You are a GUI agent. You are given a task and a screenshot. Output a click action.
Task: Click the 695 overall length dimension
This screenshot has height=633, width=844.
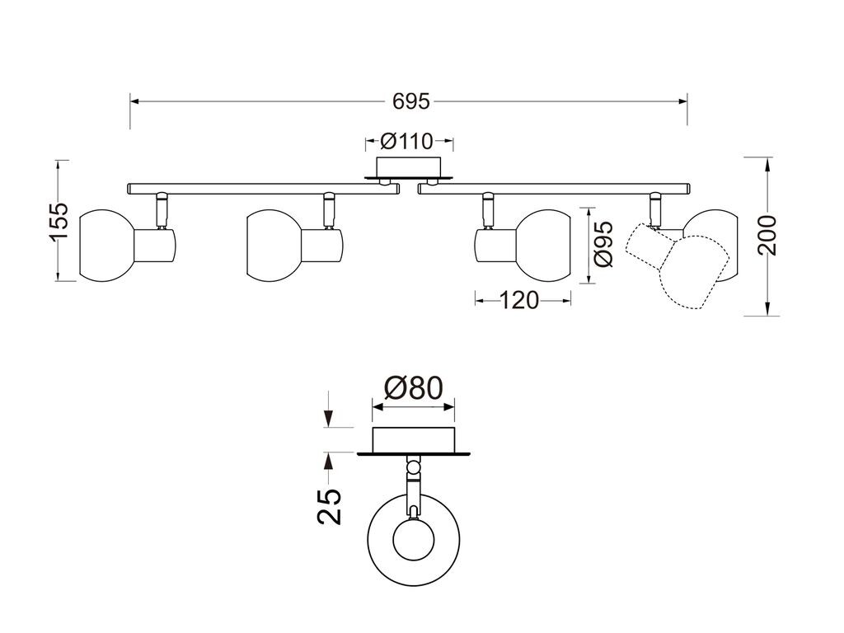point(411,101)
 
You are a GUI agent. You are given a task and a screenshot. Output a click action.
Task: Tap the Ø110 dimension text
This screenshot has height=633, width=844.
point(407,142)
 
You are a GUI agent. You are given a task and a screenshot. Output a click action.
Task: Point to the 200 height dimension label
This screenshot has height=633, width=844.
point(767,235)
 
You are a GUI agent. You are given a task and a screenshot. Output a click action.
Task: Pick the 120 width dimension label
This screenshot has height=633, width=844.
point(519,300)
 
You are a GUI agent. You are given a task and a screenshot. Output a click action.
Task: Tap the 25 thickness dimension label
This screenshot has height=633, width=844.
point(330,507)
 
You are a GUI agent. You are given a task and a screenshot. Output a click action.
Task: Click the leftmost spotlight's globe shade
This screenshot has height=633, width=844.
point(106,246)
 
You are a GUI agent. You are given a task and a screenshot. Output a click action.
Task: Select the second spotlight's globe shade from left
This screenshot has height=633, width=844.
point(274,246)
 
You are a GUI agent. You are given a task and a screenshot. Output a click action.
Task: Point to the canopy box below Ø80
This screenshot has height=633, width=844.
point(414,439)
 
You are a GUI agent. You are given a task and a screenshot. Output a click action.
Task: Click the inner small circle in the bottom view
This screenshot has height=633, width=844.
point(414,539)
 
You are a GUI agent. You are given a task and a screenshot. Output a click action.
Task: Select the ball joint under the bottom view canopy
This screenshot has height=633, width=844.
point(414,467)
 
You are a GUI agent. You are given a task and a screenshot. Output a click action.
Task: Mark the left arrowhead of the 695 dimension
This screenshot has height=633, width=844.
point(135,101)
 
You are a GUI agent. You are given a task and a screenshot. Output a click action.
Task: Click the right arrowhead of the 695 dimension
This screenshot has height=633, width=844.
point(682,101)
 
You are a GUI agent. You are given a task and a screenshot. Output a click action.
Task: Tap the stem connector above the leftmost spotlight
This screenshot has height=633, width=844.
point(162,210)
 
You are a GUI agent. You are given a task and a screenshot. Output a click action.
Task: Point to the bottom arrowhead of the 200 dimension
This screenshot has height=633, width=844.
point(767,309)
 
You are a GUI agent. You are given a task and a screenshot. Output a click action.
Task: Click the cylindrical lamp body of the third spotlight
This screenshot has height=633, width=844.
point(495,246)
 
